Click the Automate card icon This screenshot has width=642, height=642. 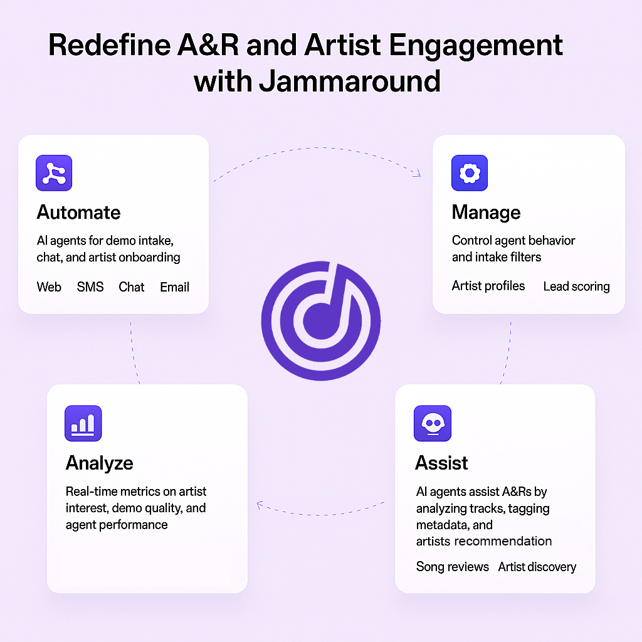tap(54, 173)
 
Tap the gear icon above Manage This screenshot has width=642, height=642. tap(470, 173)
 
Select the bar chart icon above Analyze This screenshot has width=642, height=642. tap(83, 423)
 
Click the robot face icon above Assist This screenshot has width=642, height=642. tap(433, 423)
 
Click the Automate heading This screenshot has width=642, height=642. tap(78, 213)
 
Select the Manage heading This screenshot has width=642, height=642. tap(486, 213)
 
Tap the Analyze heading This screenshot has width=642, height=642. tap(100, 463)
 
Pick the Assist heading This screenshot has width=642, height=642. tap(441, 463)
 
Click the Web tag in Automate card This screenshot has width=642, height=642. tap(49, 287)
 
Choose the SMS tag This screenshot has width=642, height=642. tap(90, 287)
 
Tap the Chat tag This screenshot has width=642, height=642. tap(132, 287)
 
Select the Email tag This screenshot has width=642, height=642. tap(174, 287)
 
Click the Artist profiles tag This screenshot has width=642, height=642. tap(488, 286)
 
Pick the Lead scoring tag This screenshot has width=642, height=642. tap(577, 287)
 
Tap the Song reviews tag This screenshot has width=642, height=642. tap(453, 567)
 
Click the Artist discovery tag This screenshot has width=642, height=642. tap(537, 567)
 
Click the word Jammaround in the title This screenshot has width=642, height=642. tap(350, 81)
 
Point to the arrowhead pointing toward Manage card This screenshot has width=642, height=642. tap(418, 174)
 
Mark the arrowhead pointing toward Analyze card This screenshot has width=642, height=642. tap(259, 505)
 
